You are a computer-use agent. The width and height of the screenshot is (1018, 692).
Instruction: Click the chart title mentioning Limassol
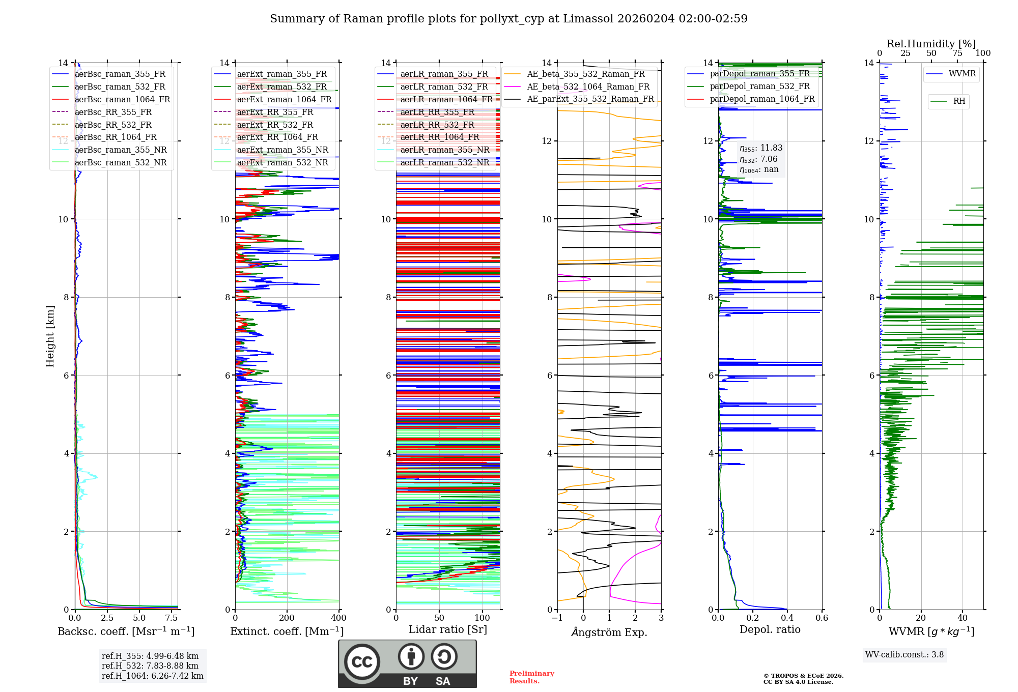(508, 19)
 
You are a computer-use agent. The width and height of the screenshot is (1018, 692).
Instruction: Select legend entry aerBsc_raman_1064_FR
(122, 100)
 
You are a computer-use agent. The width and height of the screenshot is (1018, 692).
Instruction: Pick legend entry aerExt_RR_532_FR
(275, 125)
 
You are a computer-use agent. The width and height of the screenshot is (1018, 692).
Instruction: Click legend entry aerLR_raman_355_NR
(444, 150)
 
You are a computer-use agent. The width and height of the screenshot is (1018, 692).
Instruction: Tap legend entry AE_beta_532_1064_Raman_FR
(588, 87)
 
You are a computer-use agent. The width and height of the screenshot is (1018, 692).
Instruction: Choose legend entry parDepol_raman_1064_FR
(762, 99)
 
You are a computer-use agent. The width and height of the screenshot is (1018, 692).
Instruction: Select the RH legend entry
(959, 101)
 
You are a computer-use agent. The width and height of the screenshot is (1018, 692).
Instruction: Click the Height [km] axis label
(50, 336)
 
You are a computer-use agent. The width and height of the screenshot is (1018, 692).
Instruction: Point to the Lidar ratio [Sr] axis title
(448, 629)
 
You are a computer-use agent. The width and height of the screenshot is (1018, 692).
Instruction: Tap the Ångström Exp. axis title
(609, 632)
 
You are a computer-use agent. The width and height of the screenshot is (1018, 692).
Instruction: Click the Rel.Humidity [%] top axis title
(931, 44)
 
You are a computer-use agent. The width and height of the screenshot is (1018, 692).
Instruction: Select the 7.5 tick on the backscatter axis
(172, 618)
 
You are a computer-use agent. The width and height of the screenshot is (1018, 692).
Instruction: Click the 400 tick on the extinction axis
(338, 618)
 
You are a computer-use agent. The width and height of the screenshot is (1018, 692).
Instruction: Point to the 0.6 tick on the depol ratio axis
(822, 618)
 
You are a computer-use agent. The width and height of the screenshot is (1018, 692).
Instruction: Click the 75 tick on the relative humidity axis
(957, 53)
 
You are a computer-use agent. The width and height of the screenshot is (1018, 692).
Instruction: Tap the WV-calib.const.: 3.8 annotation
(904, 655)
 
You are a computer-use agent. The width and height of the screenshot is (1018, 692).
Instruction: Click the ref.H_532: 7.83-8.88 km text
(150, 666)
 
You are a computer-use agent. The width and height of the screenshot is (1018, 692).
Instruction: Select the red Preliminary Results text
(531, 677)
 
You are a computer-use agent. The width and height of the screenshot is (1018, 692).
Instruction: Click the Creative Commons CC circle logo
(362, 662)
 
